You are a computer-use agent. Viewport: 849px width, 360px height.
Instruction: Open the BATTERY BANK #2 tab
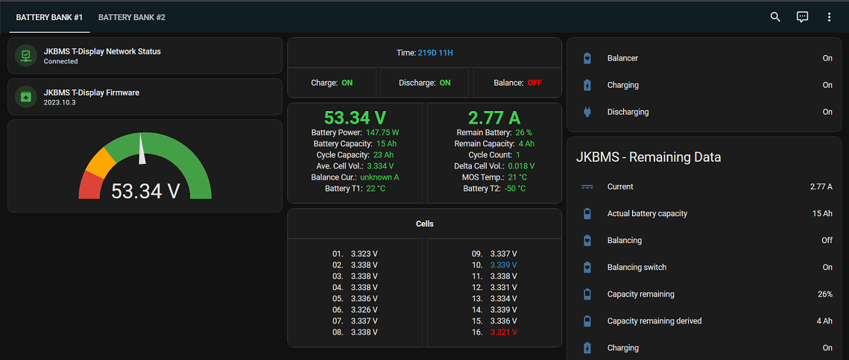[x=132, y=17]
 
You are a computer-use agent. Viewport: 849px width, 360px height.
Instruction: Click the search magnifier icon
[x=775, y=17]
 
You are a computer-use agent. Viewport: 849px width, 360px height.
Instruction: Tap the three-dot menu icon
[x=829, y=17]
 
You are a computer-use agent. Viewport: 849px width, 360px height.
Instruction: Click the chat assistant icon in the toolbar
[x=802, y=17]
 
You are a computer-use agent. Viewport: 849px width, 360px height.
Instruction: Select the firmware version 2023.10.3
[x=60, y=102]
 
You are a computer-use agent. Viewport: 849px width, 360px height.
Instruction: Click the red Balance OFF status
[x=534, y=83]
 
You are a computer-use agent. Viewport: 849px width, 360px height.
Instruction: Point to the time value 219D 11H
[x=435, y=53]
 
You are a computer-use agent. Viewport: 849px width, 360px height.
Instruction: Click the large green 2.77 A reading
[x=493, y=118]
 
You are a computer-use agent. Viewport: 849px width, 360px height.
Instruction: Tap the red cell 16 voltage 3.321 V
[x=503, y=332]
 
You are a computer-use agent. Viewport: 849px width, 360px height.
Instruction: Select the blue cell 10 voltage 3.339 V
[x=503, y=265]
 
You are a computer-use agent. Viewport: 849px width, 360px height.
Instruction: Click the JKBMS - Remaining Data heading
[x=648, y=157]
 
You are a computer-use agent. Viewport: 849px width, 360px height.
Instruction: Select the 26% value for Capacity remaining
[x=824, y=294]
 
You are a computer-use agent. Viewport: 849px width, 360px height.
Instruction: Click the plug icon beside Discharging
[x=587, y=112]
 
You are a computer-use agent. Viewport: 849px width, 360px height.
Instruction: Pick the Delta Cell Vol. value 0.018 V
[x=521, y=166]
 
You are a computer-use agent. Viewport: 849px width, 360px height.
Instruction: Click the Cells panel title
[x=424, y=224]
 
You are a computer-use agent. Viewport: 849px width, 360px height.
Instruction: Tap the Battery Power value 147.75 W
[x=382, y=133]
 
